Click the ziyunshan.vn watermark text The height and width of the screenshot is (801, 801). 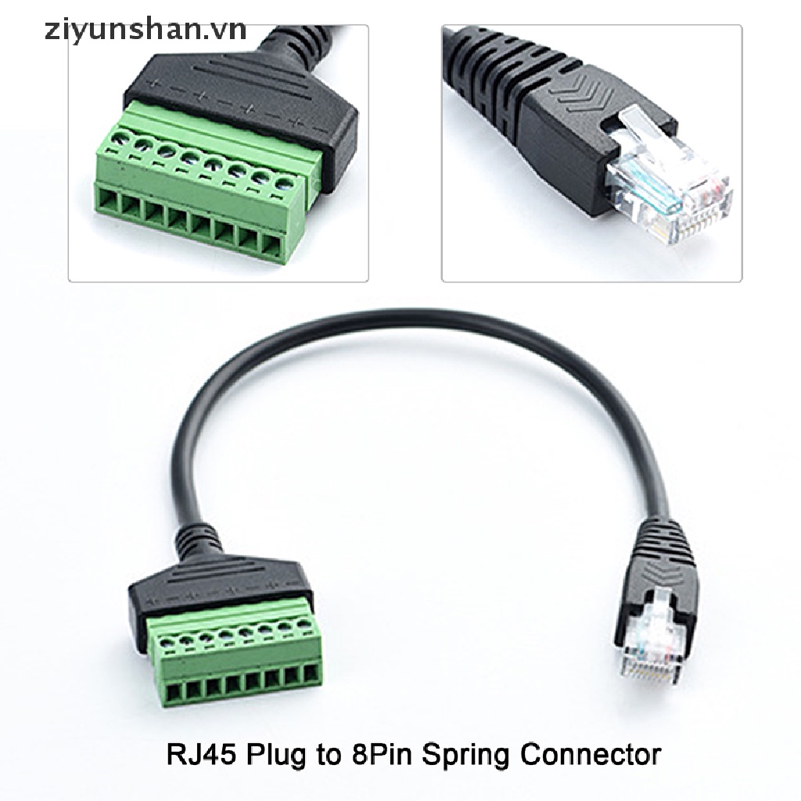pyautogui.click(x=125, y=31)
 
